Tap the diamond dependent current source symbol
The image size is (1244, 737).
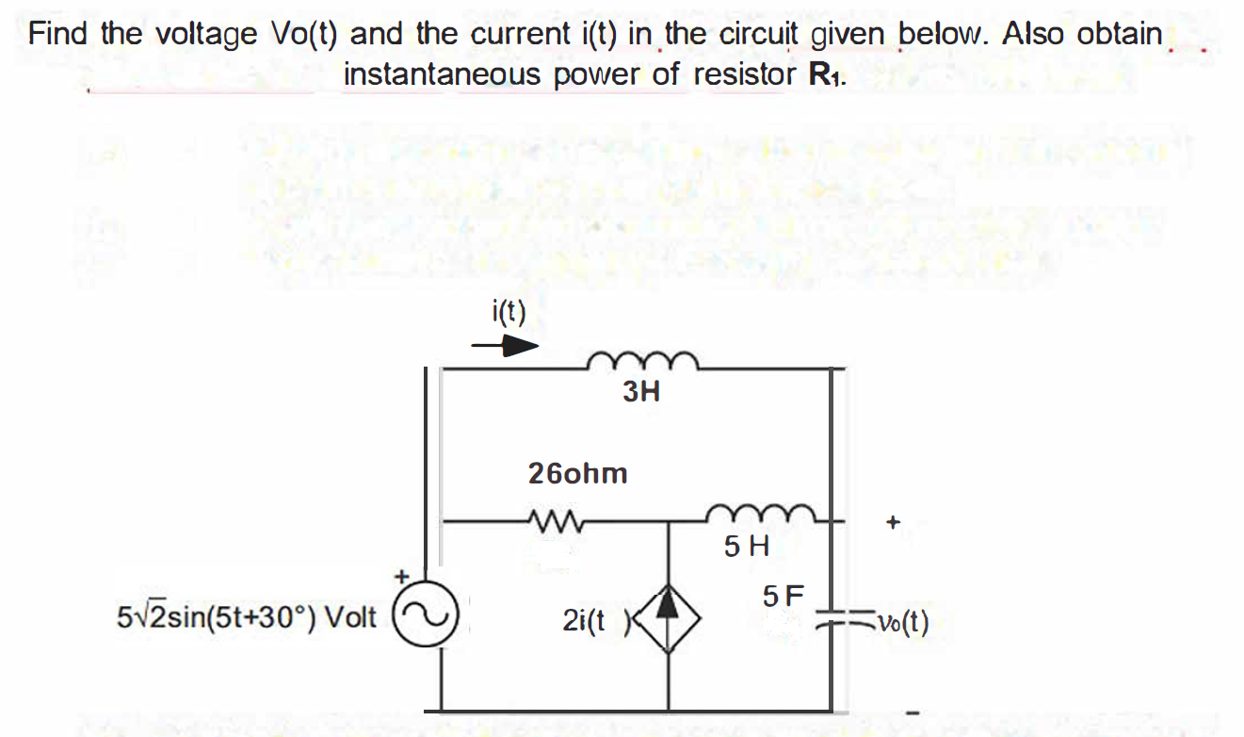pos(670,619)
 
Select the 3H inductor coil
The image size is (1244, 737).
pos(641,359)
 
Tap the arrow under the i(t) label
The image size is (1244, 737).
pos(506,346)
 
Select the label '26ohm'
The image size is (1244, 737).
pos(577,473)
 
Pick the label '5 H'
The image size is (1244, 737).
pos(748,545)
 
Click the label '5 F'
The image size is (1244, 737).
pos(784,596)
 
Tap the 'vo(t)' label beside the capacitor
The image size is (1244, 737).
pos(901,623)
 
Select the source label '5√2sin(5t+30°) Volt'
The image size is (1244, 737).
pos(247,618)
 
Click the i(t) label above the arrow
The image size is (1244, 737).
pos(509,311)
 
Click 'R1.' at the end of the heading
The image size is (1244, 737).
pos(827,74)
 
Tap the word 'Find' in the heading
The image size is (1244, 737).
pos(58,34)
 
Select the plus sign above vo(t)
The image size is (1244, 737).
pos(893,520)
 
